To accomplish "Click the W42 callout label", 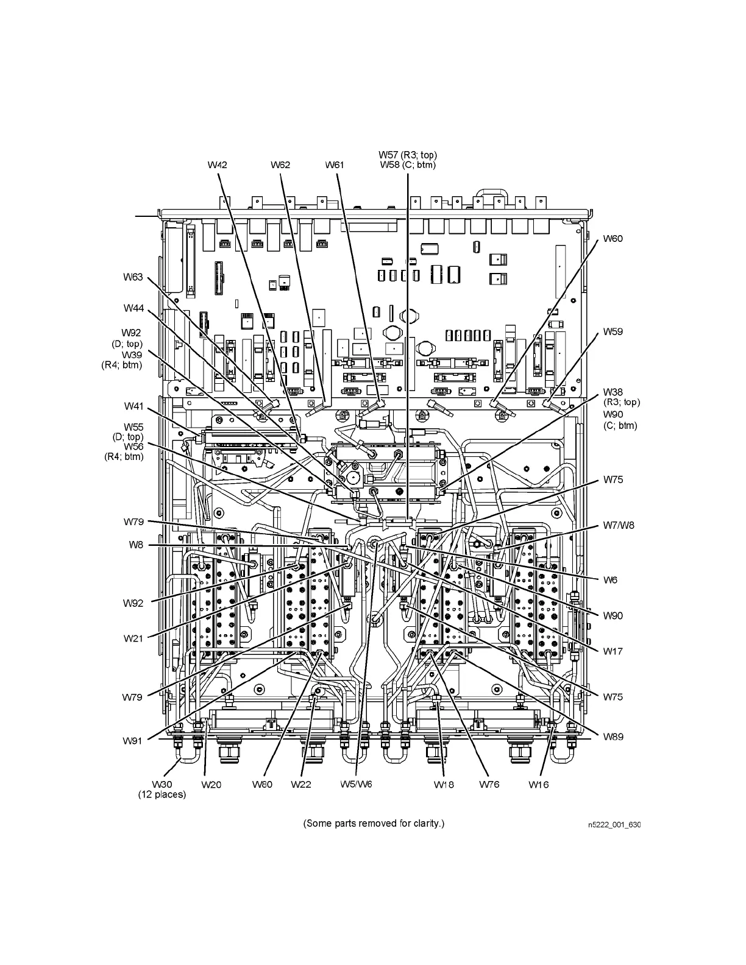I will coord(217,164).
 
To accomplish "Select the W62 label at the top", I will coord(280,164).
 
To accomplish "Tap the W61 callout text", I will coord(335,164).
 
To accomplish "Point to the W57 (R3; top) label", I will coord(407,155).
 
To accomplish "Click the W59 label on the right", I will coord(613,332).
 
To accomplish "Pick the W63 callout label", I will coord(133,278).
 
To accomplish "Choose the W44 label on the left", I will coord(133,308).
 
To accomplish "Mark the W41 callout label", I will coord(133,406).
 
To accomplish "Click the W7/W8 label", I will coord(619,525).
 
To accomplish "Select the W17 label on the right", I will coord(613,651).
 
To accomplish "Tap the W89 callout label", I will coord(613,737).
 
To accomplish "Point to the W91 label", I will coord(133,741).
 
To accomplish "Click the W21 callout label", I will coord(133,638).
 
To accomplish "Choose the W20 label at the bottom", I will coord(211,785).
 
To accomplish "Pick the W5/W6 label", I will coord(356,784).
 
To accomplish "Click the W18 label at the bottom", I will coord(444,785).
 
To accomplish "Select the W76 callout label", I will coord(489,784).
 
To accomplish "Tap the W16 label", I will coord(538,785).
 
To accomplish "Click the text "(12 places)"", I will coord(162,795).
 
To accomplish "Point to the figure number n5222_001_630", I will coord(614,825).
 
